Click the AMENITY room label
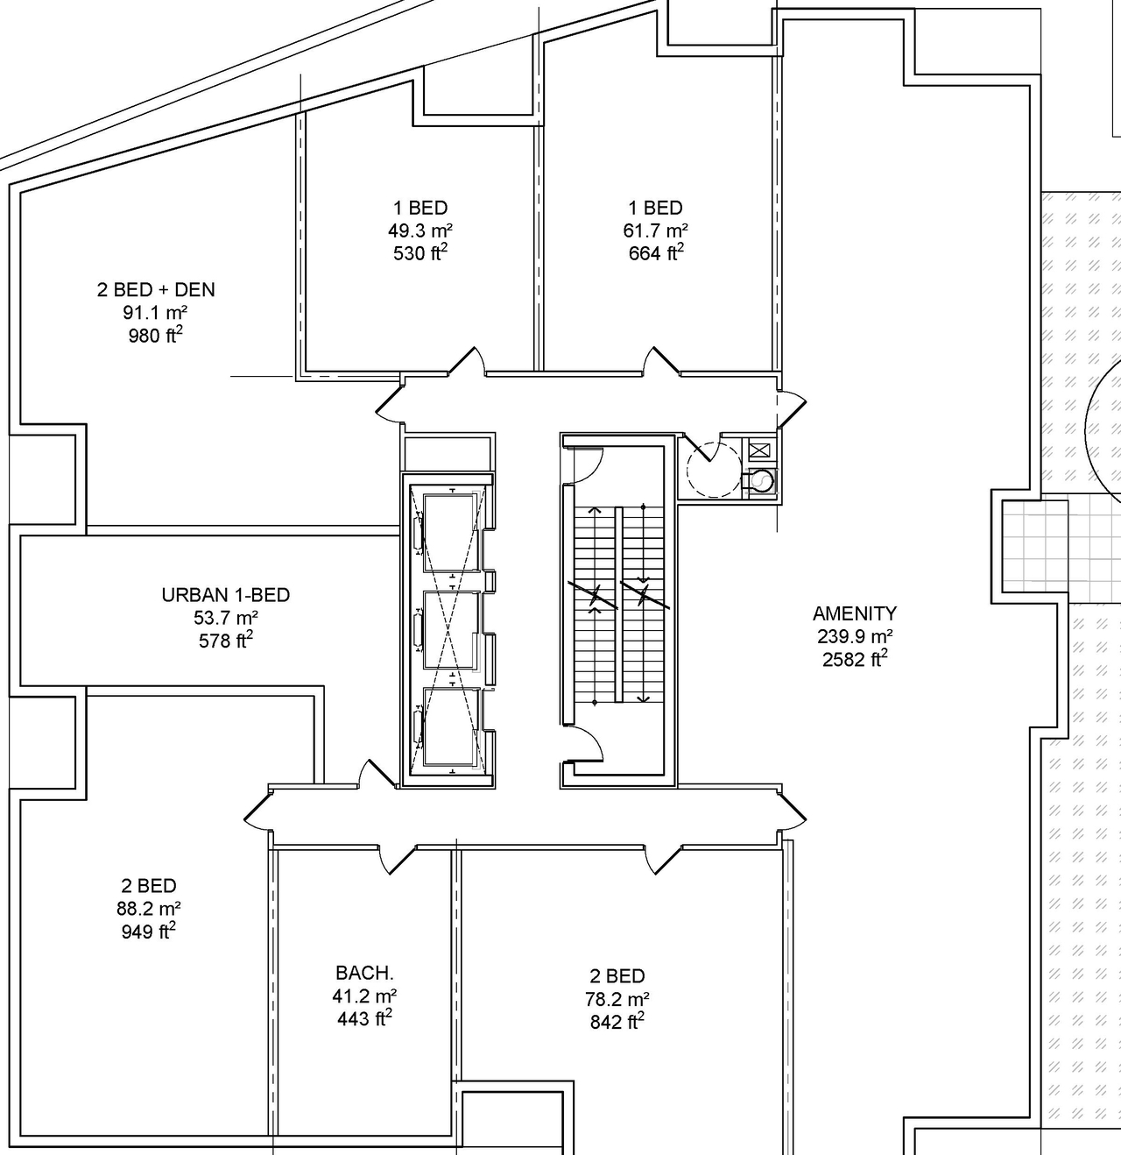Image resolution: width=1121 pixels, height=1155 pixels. [x=854, y=613]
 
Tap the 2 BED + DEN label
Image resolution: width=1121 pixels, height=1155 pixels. [x=156, y=290]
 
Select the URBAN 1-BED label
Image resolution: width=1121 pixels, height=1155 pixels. [x=225, y=595]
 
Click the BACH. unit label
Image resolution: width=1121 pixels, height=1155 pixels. [x=364, y=973]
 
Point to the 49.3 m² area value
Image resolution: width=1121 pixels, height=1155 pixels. [x=420, y=231]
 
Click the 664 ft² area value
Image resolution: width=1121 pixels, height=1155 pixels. [x=655, y=253]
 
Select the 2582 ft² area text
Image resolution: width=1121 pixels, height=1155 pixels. [x=854, y=659]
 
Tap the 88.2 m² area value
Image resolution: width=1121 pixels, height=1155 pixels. [x=149, y=909]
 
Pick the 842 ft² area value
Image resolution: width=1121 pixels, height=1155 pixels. [x=617, y=1022]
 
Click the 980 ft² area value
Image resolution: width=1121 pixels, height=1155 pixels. [x=156, y=336]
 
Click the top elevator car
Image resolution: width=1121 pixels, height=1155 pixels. [x=450, y=531]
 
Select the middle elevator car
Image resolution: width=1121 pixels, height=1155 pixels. [x=450, y=628]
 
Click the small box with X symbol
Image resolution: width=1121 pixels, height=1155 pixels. [x=758, y=452]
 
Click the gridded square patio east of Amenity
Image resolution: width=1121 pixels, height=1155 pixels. [x=1034, y=544]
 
